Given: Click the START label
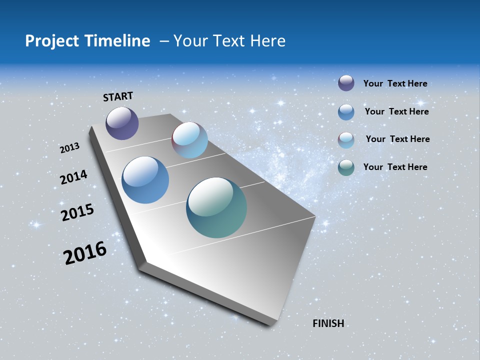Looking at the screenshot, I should pyautogui.click(x=118, y=96).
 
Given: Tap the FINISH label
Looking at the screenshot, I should pyautogui.click(x=328, y=323).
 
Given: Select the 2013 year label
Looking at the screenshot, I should pyautogui.click(x=70, y=148).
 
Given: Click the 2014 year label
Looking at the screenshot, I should pyautogui.click(x=73, y=177).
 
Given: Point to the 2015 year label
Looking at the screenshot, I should pyautogui.click(x=77, y=212).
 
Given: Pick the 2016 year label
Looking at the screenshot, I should pyautogui.click(x=85, y=253).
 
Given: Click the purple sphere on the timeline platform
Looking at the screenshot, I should pyautogui.click(x=122, y=123).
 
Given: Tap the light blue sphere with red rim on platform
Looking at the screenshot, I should pyautogui.click(x=189, y=140).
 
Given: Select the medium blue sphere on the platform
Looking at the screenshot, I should pyautogui.click(x=145, y=180).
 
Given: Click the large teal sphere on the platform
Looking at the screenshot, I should pyautogui.click(x=216, y=207).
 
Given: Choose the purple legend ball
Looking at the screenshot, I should pyautogui.click(x=346, y=83).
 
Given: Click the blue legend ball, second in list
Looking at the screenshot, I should pyautogui.click(x=346, y=111).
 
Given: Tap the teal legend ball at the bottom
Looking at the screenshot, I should pyautogui.click(x=346, y=167).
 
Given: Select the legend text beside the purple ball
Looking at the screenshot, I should pyautogui.click(x=395, y=83).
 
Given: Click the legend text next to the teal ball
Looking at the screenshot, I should pyautogui.click(x=395, y=167).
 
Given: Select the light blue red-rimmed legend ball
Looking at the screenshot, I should pyautogui.click(x=346, y=140).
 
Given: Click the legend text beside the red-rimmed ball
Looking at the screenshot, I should pyautogui.click(x=397, y=139).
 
